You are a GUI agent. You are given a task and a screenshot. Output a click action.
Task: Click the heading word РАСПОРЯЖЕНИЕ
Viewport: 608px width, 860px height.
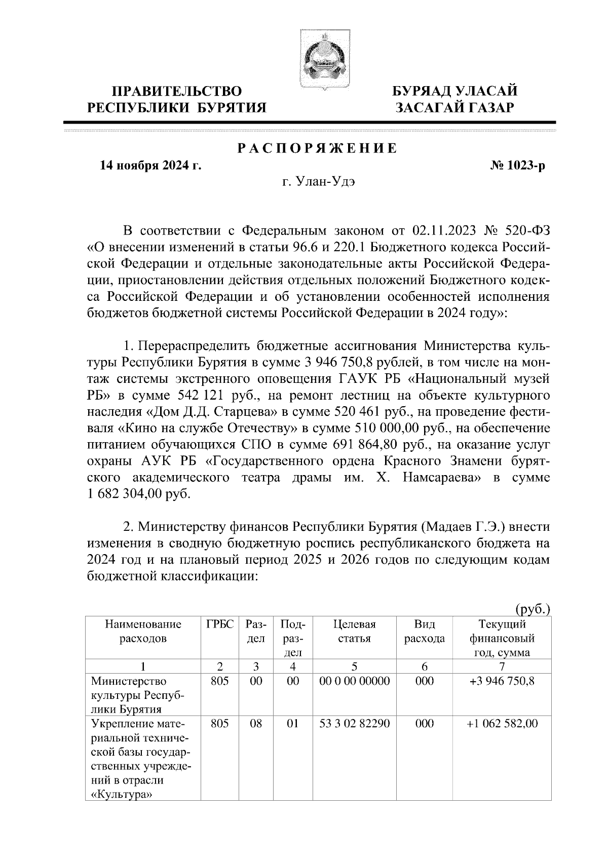[x=317, y=149]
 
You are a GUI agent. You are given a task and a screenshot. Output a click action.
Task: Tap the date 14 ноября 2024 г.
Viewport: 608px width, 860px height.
[x=150, y=166]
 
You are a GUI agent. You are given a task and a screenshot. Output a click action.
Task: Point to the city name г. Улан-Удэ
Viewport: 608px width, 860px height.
[x=319, y=182]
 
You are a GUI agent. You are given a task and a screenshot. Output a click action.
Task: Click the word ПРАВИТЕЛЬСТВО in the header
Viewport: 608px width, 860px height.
[x=177, y=91]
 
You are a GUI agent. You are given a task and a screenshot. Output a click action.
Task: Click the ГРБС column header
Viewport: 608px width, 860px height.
[x=220, y=624]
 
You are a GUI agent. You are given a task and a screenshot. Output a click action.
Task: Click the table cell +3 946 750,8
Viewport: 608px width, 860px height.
[x=502, y=681]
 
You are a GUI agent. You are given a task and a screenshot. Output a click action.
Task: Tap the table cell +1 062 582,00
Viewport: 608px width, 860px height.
[x=502, y=724]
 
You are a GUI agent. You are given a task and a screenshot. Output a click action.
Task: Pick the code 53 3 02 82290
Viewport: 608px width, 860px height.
[x=355, y=724]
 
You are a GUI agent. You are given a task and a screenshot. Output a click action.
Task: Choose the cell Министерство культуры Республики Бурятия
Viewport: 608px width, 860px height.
[x=137, y=694]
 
